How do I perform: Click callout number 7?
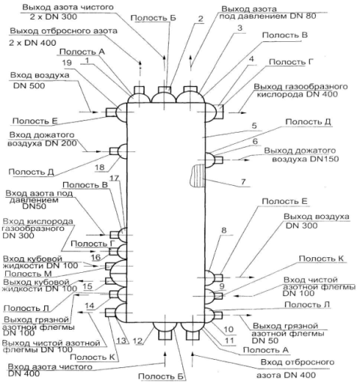pyautogui.click(x=244, y=181)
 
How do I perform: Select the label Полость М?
pyautogui.click(x=28, y=274)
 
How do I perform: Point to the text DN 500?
pyautogui.click(x=29, y=85)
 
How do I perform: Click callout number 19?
pyautogui.click(x=67, y=62)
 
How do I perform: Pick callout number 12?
pyautogui.click(x=138, y=341)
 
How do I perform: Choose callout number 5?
pyautogui.click(x=254, y=125)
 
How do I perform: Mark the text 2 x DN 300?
pyautogui.click(x=53, y=16)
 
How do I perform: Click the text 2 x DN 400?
pyautogui.click(x=32, y=43)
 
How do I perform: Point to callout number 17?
pyautogui.click(x=115, y=178)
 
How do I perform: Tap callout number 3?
pyautogui.click(x=240, y=28)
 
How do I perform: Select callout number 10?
pyautogui.click(x=228, y=329)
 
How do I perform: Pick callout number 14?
pyautogui.click(x=89, y=306)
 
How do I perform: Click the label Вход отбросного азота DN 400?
pyautogui.click(x=295, y=369)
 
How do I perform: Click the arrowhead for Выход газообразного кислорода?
pyautogui.click(x=243, y=113)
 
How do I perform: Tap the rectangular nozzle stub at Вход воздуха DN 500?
pyautogui.click(x=111, y=112)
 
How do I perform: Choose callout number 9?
pyautogui.click(x=222, y=286)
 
